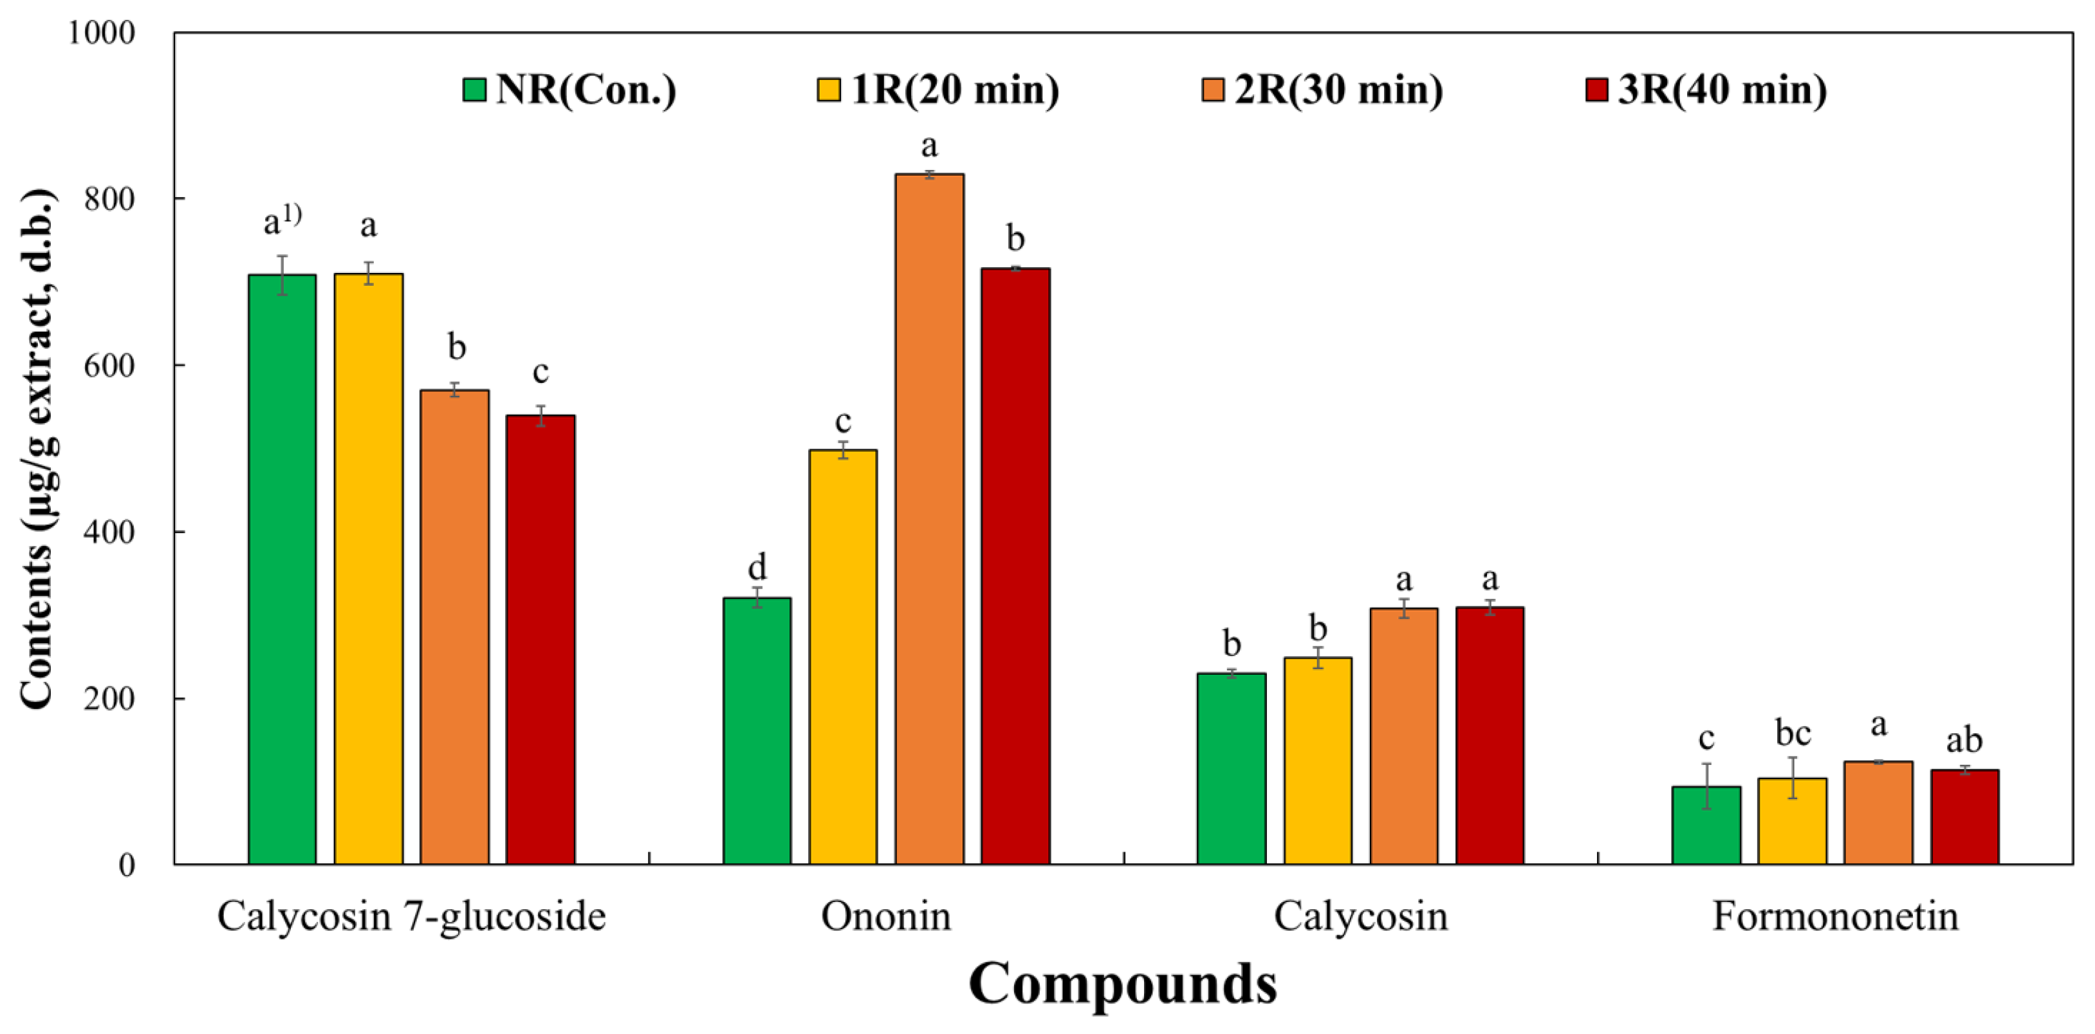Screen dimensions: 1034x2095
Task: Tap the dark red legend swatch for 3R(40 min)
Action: (1596, 90)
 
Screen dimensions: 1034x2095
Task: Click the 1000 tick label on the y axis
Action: (101, 33)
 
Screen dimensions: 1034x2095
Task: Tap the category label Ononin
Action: (885, 916)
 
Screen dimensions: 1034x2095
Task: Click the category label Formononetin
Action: (1835, 916)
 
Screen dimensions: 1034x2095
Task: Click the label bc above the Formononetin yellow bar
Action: (1793, 733)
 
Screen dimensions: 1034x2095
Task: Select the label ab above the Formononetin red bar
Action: (1964, 740)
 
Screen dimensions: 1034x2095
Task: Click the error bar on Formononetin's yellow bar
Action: (1793, 777)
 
